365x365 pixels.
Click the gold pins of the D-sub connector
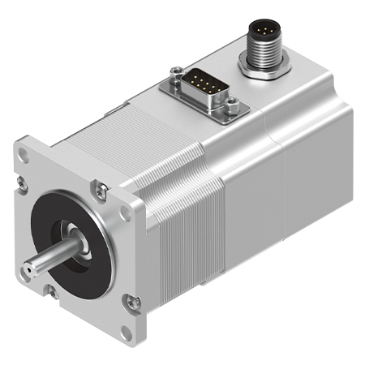[x=200, y=83]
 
